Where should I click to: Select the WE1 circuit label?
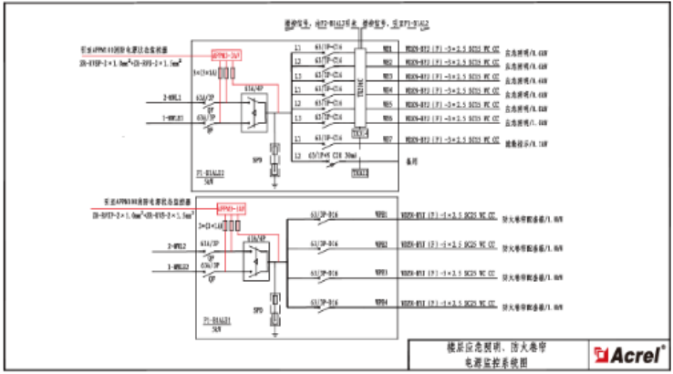[387, 49]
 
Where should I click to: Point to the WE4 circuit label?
[387, 90]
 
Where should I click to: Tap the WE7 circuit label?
[387, 140]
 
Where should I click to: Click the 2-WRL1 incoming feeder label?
[172, 96]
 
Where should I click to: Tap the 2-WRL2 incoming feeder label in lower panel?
[173, 247]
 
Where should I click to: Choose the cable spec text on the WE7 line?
[452, 140]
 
